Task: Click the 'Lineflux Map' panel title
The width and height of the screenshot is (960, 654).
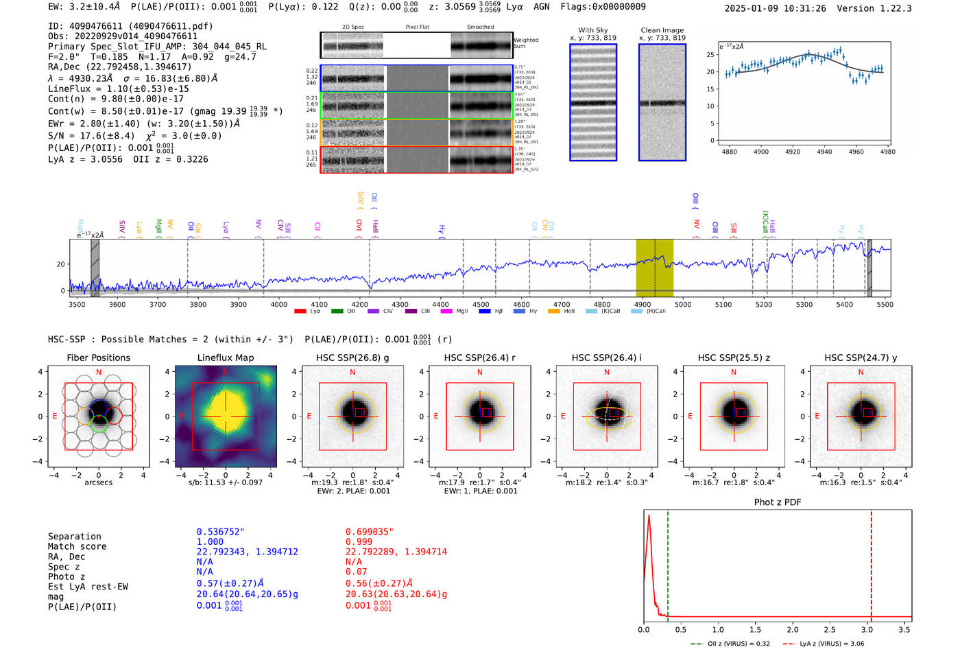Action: (225, 358)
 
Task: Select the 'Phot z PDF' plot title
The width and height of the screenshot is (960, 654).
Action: (778, 502)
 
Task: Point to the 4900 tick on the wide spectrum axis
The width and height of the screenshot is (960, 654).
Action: (643, 304)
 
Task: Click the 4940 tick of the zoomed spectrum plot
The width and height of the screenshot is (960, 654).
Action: (824, 152)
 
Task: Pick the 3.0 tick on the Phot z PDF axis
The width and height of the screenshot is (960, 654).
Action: (867, 629)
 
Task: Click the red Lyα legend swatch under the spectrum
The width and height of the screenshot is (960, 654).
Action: (300, 312)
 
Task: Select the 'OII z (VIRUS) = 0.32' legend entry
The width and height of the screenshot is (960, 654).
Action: (731, 644)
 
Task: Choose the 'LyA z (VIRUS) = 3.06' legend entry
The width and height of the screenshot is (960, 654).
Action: (826, 644)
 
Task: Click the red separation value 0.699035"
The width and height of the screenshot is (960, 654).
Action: (370, 532)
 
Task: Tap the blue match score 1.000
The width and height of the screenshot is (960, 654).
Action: (210, 542)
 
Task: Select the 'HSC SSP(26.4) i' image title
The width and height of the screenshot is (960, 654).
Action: (606, 358)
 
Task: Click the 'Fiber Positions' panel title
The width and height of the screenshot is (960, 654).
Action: (98, 358)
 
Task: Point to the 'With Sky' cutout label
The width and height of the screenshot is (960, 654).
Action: (593, 30)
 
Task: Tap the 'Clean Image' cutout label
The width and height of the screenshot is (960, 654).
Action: (662, 30)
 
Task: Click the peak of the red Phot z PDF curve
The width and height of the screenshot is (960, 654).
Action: (649, 515)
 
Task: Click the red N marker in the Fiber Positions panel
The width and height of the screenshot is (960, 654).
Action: (99, 373)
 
